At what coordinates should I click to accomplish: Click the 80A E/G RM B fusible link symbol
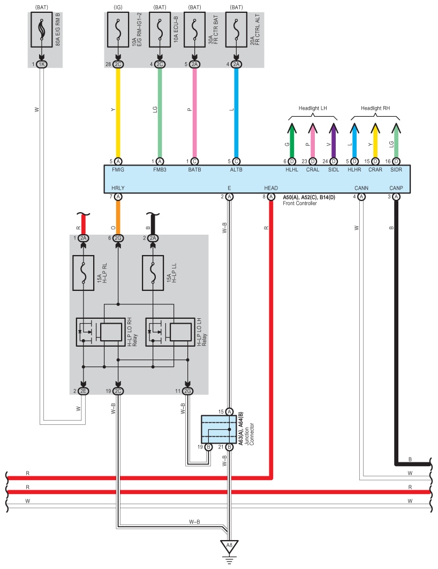pyautogui.click(x=42, y=29)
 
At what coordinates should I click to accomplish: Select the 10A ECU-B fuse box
pyautogui.click(x=160, y=29)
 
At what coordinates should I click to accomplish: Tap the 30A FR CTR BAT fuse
pyautogui.click(x=195, y=29)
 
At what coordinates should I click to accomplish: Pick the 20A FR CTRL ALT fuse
pyautogui.click(x=237, y=29)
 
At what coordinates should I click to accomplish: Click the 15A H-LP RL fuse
pyautogui.click(x=84, y=273)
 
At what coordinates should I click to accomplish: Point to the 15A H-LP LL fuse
pyautogui.click(x=153, y=273)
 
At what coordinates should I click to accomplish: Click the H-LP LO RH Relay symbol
pyautogui.click(x=101, y=332)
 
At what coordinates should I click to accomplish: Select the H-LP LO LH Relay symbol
pyautogui.click(x=170, y=332)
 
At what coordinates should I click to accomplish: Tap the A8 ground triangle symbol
pyautogui.click(x=229, y=546)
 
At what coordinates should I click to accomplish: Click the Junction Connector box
pyautogui.click(x=218, y=430)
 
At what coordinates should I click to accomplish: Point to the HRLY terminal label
pyautogui.click(x=118, y=188)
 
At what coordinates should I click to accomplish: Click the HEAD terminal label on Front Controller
pyautogui.click(x=271, y=188)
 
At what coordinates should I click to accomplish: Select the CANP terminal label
pyautogui.click(x=396, y=188)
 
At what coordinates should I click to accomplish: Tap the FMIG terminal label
pyautogui.click(x=118, y=169)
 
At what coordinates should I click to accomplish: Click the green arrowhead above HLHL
pyautogui.click(x=291, y=128)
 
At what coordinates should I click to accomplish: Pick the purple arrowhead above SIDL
pyautogui.click(x=334, y=128)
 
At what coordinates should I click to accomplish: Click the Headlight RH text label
pyautogui.click(x=375, y=108)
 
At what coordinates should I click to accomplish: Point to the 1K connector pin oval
pyautogui.click(x=42, y=64)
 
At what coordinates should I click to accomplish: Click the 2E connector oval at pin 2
pyautogui.click(x=84, y=391)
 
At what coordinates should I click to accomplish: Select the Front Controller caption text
pyautogui.click(x=300, y=204)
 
